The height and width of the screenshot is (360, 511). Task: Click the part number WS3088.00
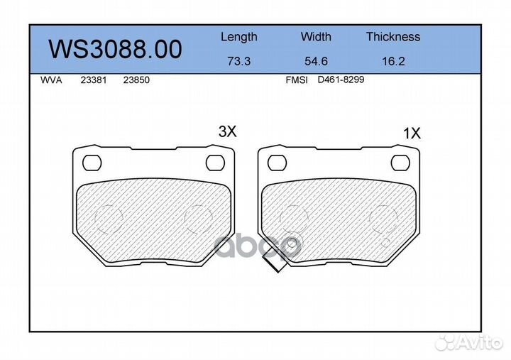[x=115, y=49]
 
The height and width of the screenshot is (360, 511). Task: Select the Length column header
[x=239, y=37]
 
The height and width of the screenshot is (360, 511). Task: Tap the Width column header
[x=316, y=36]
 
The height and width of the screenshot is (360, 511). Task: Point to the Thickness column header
[x=393, y=36]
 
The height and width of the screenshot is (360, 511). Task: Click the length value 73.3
[x=239, y=61]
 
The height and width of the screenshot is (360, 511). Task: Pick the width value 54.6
[x=316, y=61]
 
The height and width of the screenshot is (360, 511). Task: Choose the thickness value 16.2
[x=393, y=61]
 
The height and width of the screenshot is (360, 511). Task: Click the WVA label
[x=51, y=80]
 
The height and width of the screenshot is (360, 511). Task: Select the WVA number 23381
[x=94, y=80]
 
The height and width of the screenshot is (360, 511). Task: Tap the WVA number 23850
[x=136, y=80]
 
